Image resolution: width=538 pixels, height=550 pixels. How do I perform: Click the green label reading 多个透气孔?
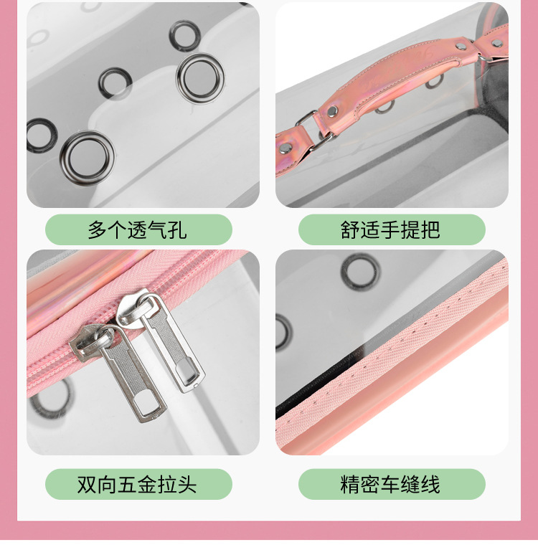pos(138,229)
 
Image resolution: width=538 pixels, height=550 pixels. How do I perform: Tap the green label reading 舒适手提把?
pos(392,229)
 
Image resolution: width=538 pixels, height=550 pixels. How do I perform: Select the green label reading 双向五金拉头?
pos(138,484)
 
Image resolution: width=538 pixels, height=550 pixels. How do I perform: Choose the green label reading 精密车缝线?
pos(392,484)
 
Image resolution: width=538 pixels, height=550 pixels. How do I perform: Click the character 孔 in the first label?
pos(176,229)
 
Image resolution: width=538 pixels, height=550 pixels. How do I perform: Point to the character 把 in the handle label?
pos(430,229)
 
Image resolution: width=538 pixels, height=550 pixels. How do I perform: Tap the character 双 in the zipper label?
pos(88,484)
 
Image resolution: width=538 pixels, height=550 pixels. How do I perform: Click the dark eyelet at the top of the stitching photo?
pos(357,272)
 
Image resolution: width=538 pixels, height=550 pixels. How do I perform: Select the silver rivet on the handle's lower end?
pos(333,111)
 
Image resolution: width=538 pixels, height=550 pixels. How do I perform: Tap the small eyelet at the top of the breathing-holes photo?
pos(184,32)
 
